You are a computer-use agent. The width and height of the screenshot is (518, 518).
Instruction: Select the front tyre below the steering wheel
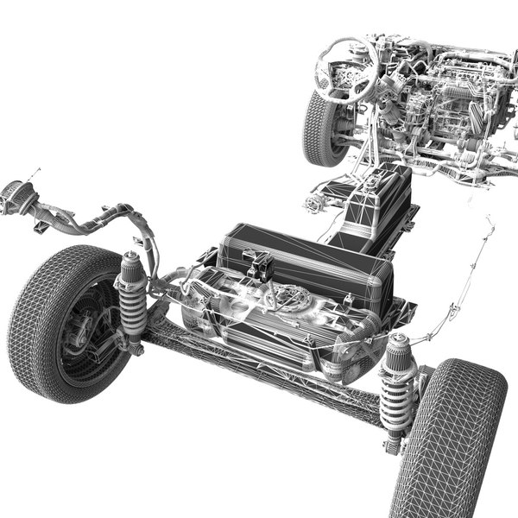pyautogui.click(x=321, y=129)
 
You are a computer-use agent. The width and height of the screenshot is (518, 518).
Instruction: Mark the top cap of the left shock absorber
pyautogui.click(x=131, y=259)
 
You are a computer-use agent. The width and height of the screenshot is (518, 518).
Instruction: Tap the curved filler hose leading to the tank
pyautogui.click(x=86, y=220)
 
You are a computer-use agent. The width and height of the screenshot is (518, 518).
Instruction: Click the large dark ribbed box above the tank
pyautogui.click(x=302, y=259)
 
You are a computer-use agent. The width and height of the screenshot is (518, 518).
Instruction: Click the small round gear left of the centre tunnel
pyautogui.click(x=313, y=205)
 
